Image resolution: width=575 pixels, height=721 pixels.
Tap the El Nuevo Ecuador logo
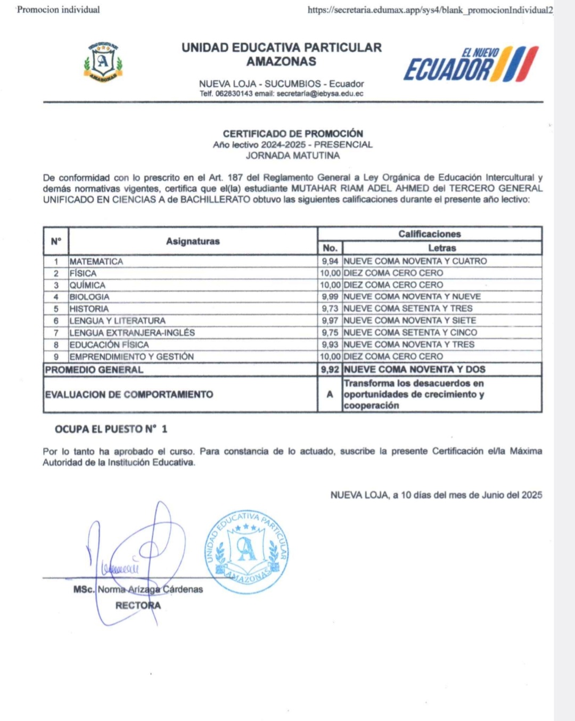pyautogui.click(x=471, y=64)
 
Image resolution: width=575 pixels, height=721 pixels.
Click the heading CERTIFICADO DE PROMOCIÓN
pyautogui.click(x=293, y=133)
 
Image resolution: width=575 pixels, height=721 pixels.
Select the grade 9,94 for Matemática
pyautogui.click(x=330, y=261)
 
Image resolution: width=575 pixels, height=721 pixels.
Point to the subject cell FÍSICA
pyautogui.click(x=83, y=273)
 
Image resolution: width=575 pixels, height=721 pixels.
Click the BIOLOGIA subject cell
pyautogui.click(x=89, y=297)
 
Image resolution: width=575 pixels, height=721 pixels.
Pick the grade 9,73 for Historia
pyautogui.click(x=330, y=309)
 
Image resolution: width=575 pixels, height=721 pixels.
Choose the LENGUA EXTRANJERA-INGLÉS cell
pyautogui.click(x=132, y=333)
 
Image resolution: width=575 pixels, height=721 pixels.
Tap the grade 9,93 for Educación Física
pyautogui.click(x=330, y=344)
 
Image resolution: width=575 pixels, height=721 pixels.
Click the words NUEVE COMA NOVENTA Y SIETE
pyautogui.click(x=410, y=320)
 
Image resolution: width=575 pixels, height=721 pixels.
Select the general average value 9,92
pyautogui.click(x=330, y=369)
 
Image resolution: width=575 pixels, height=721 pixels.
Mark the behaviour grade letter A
pyautogui.click(x=330, y=394)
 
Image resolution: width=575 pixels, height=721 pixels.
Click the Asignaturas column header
pyautogui.click(x=193, y=241)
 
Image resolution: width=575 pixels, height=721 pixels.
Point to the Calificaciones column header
pyautogui.click(x=430, y=234)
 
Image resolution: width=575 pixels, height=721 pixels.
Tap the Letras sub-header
pyautogui.click(x=442, y=248)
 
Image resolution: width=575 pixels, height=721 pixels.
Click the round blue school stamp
pyautogui.click(x=247, y=552)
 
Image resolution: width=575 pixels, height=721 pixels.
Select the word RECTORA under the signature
pyautogui.click(x=138, y=605)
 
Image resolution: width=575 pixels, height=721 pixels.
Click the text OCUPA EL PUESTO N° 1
pyautogui.click(x=111, y=429)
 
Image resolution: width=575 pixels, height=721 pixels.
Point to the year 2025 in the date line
pyautogui.click(x=531, y=495)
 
